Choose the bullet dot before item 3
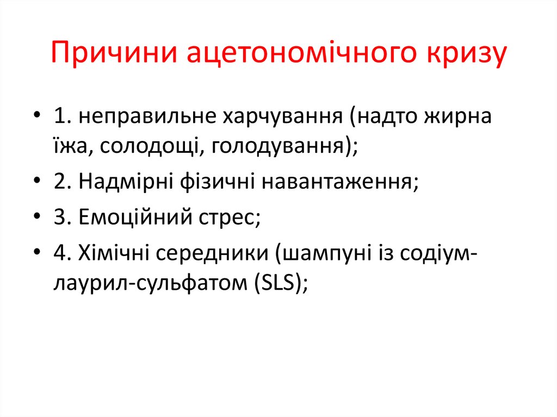[x=36, y=217]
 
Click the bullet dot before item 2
[x=36, y=182]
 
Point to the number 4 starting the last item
[x=59, y=252]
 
